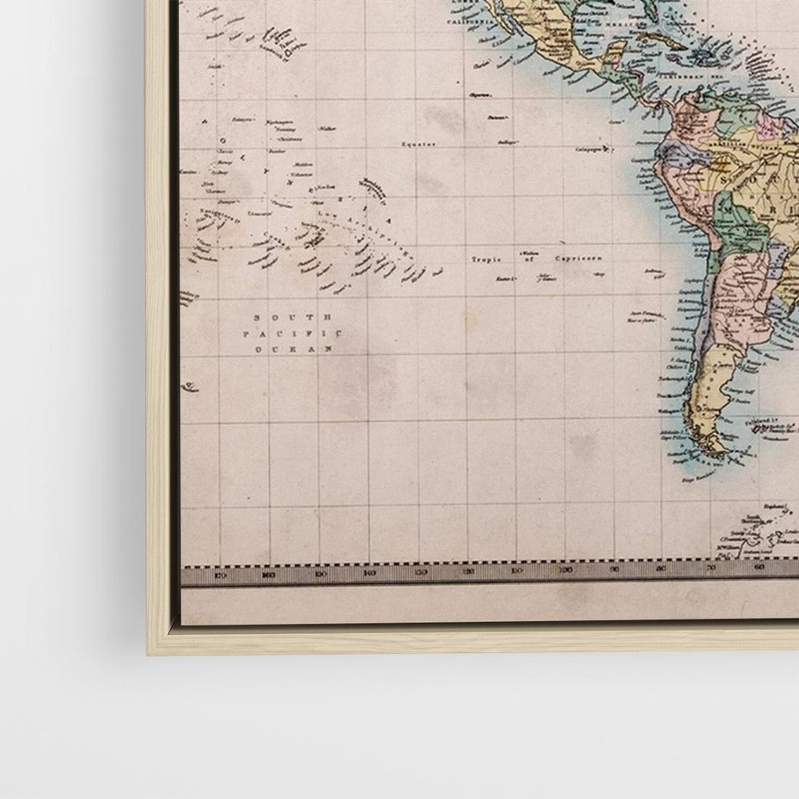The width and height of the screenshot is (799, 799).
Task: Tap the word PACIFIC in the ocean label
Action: pos(292,333)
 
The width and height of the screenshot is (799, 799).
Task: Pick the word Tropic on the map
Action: pos(485,258)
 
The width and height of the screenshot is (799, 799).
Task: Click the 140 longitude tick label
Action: pos(369,572)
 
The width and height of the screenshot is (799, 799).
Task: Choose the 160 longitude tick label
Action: pos(270,574)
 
